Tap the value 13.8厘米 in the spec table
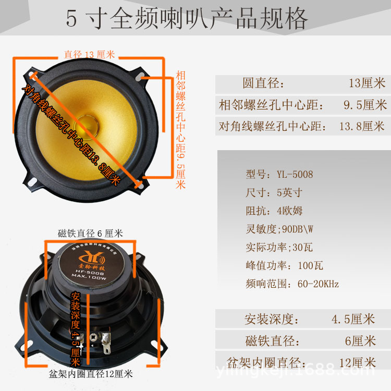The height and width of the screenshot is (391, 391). click(x=361, y=126)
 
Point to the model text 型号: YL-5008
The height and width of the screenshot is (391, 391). click(x=279, y=174)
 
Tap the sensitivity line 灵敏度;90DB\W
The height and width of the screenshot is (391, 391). click(x=284, y=229)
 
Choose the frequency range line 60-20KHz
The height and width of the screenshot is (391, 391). click(x=292, y=284)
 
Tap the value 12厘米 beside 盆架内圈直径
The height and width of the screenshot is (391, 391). click(x=357, y=362)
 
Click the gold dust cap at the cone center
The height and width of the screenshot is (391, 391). click(x=89, y=121)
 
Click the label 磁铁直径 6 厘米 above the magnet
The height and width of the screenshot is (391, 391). click(x=90, y=234)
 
